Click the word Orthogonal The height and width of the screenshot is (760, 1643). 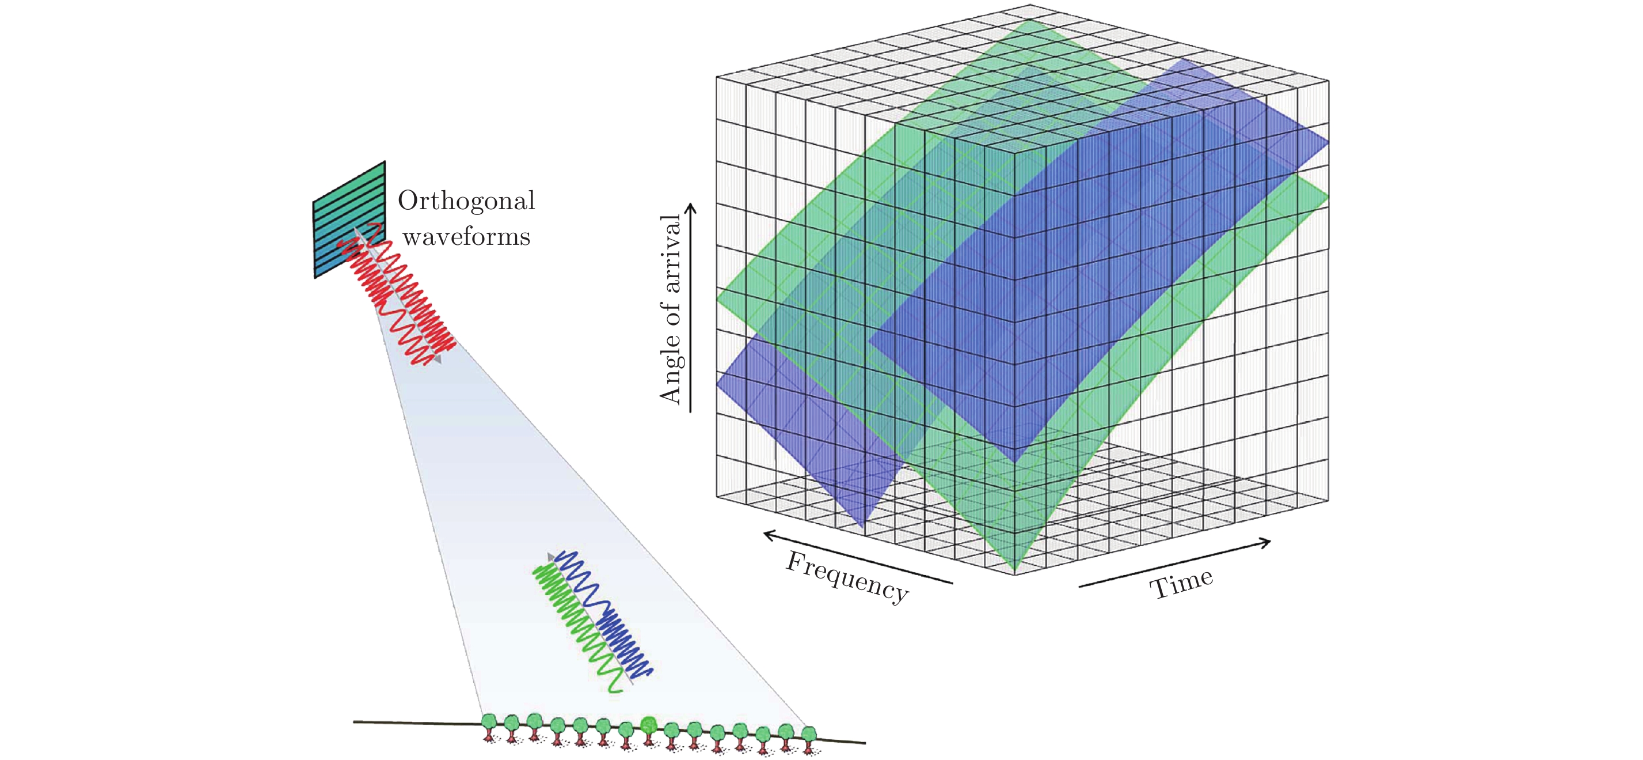[x=466, y=202]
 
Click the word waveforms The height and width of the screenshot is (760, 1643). [x=466, y=237]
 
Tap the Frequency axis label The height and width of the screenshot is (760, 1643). [x=847, y=576]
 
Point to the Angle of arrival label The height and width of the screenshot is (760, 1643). [x=671, y=309]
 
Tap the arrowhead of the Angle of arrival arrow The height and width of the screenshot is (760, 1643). [x=690, y=207]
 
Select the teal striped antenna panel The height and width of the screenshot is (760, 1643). [x=349, y=218]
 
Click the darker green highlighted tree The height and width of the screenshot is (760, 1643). [x=649, y=725]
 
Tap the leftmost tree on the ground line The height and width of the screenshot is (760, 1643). [x=489, y=724]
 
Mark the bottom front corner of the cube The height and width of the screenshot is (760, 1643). [x=1014, y=574]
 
